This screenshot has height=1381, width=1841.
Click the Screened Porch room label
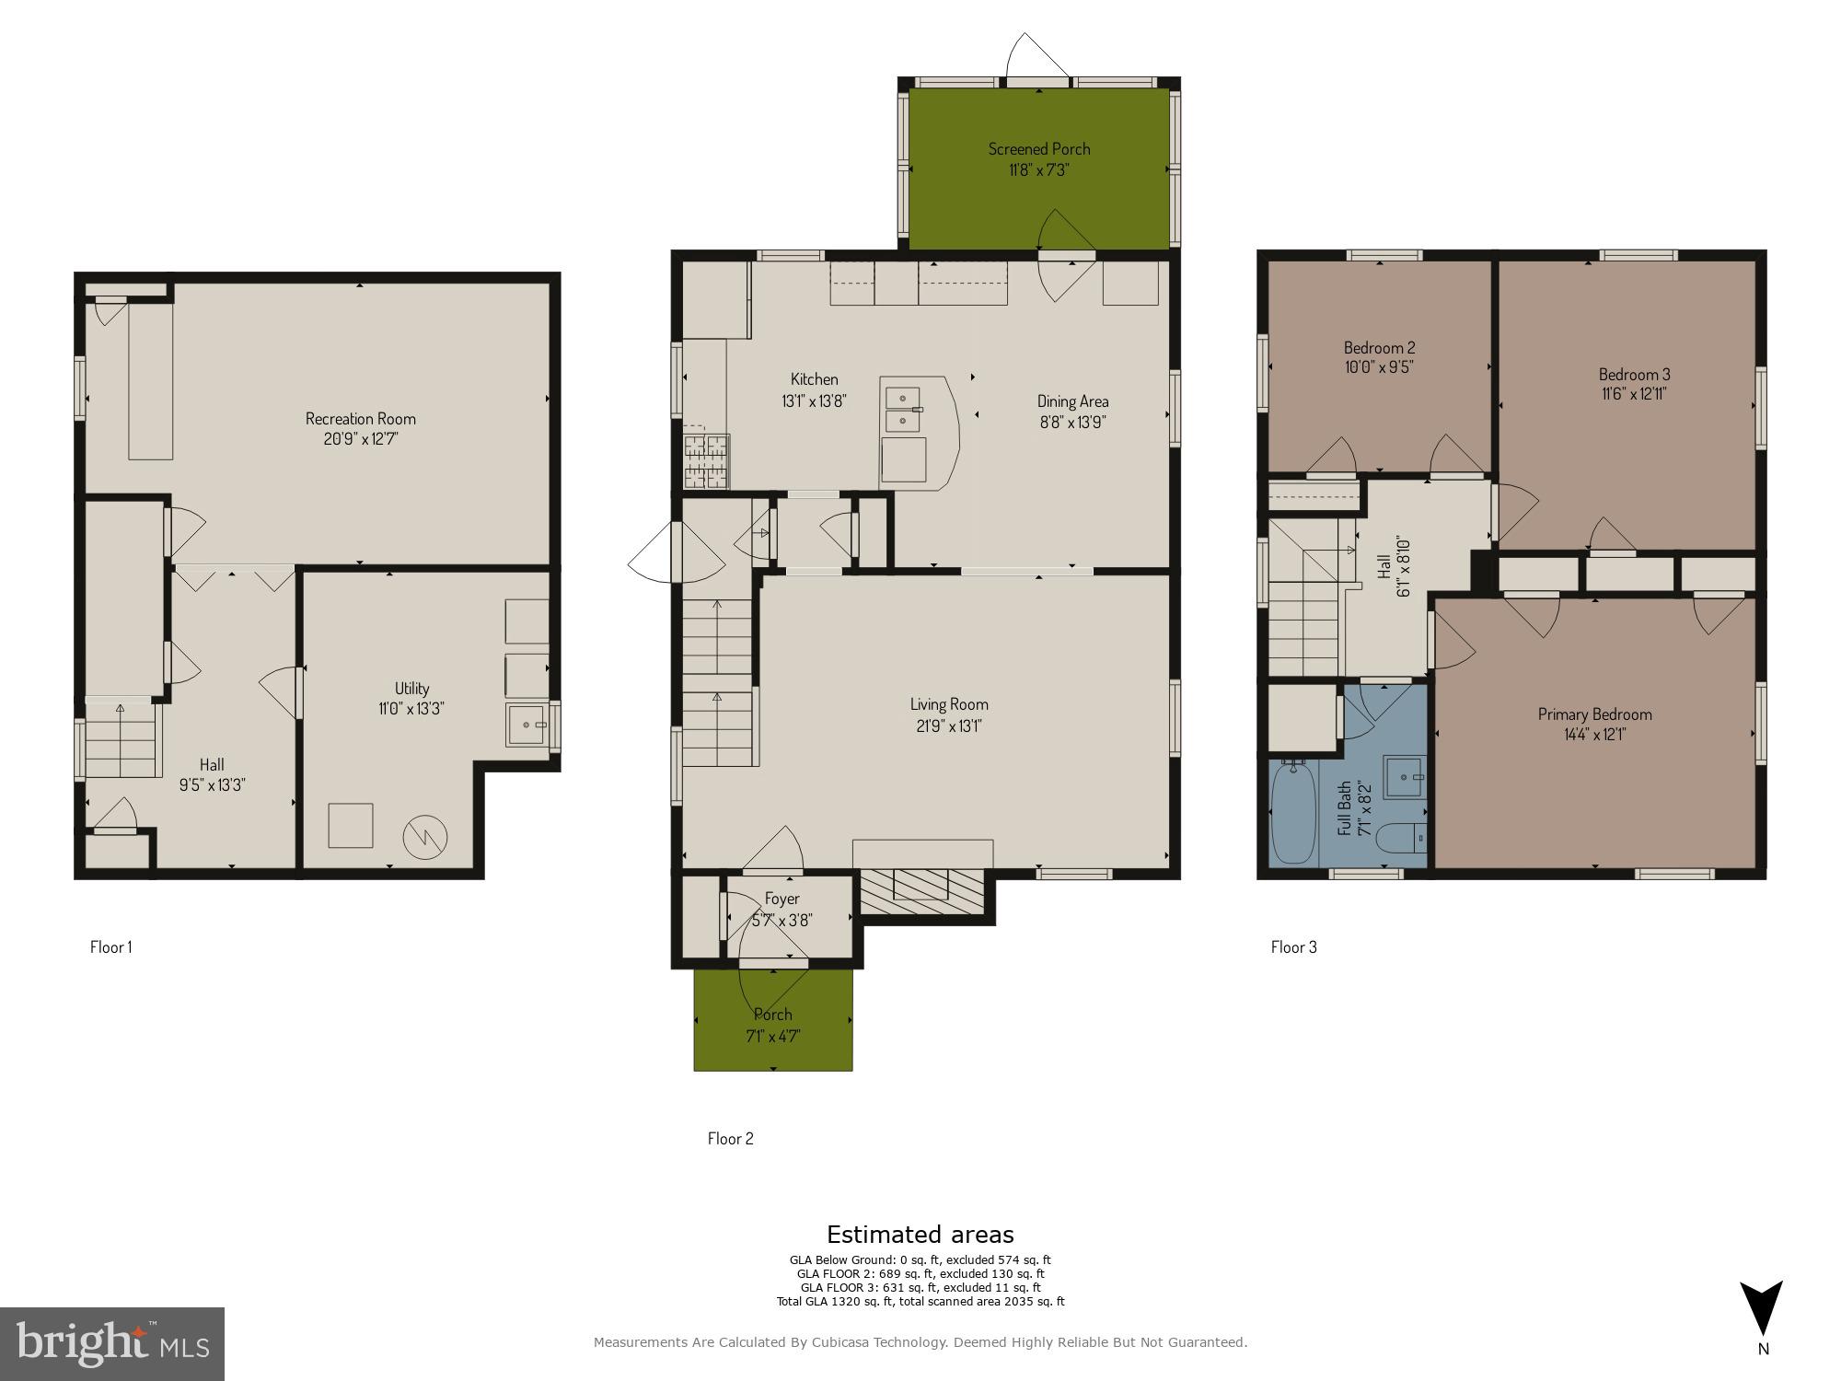1039,148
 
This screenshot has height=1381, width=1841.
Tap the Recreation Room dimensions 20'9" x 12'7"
360,439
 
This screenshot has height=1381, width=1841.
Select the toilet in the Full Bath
1407,839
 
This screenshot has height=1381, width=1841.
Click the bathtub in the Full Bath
1293,812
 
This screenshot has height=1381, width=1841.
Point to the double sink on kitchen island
903,410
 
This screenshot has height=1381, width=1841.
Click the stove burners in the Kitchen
706,460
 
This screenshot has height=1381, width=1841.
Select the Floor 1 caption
110,946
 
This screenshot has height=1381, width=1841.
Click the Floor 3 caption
1293,946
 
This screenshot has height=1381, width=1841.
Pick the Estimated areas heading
920,1235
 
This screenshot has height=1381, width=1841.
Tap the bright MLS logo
112,1343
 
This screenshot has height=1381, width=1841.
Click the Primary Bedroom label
1594,714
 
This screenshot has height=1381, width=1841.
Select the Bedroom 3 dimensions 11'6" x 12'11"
1634,394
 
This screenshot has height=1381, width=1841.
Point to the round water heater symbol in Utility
425,834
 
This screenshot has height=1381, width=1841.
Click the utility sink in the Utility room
527,725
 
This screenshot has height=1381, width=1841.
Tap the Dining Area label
1072,401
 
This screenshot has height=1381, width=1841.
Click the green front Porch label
772,1015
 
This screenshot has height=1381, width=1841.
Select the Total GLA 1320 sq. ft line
920,1301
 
